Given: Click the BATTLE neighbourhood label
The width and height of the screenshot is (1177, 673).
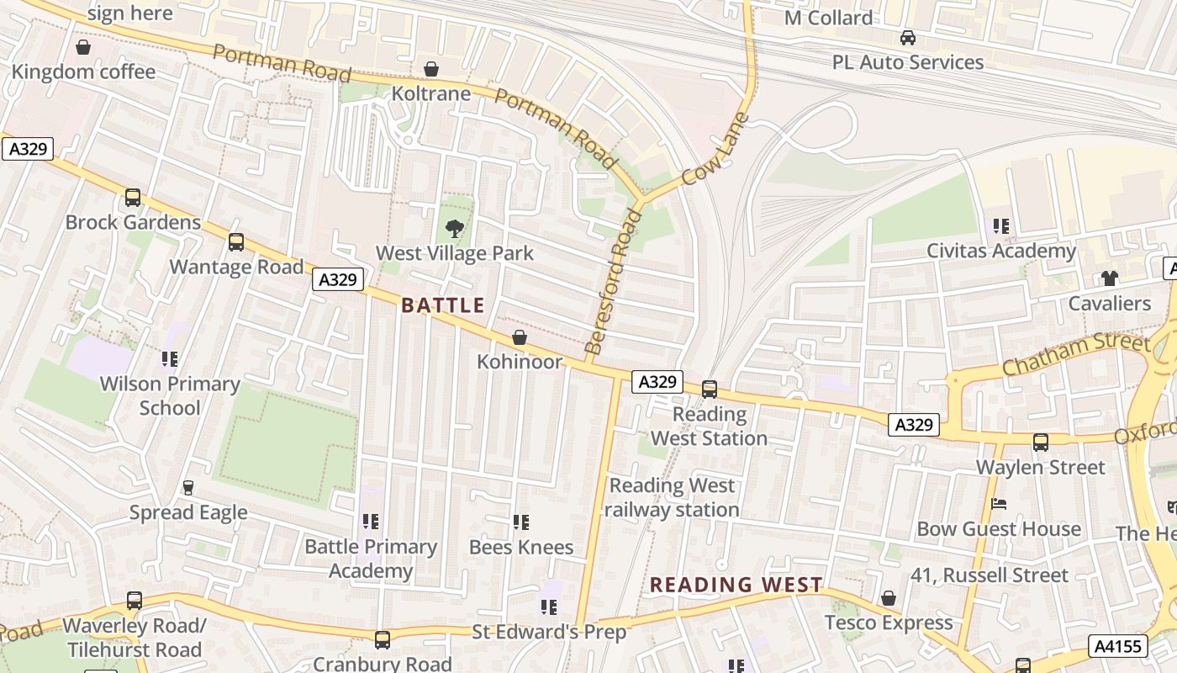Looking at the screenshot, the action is point(443,305).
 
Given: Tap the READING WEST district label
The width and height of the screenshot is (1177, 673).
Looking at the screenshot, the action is point(736,585).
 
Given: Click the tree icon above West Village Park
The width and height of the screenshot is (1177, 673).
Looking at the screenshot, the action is point(454,228).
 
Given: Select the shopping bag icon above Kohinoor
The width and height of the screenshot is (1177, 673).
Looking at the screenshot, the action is point(520,337).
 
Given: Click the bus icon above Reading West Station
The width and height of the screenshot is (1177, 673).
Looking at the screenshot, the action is point(710,389).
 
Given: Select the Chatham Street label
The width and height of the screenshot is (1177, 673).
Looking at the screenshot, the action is point(1075,355).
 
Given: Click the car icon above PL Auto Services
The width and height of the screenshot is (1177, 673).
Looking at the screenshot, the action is point(908,38).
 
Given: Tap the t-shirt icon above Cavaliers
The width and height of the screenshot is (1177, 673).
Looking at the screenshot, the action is point(1109,278).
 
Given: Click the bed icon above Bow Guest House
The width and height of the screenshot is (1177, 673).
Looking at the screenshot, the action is point(999,504).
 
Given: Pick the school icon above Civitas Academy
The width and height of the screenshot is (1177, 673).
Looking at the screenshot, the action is point(1000,225).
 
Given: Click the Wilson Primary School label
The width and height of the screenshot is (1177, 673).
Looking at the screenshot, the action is point(170,395).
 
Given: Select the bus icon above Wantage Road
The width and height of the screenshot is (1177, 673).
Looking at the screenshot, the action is point(236,242).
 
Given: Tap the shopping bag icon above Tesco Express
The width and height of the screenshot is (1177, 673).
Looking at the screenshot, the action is point(889,598).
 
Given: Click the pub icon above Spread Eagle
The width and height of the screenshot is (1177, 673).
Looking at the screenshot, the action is point(188,488).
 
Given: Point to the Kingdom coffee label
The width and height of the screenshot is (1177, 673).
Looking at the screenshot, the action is point(83,72).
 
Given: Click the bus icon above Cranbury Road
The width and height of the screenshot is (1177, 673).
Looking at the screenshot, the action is point(383,639).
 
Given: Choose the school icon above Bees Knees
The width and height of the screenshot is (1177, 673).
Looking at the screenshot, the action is point(521,522).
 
